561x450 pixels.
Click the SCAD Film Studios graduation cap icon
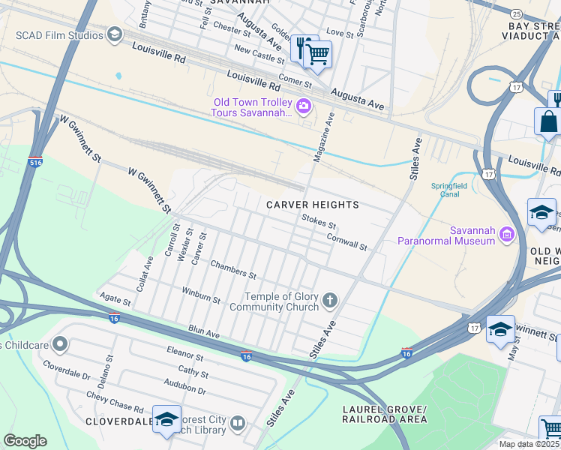(114, 34)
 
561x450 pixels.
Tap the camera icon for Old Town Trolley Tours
(304, 106)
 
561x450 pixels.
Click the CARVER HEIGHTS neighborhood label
(313, 205)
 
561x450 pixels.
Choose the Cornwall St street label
(346, 241)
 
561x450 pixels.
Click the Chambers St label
(233, 269)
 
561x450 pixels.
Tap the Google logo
(25, 441)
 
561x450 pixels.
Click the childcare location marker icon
(59, 345)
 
